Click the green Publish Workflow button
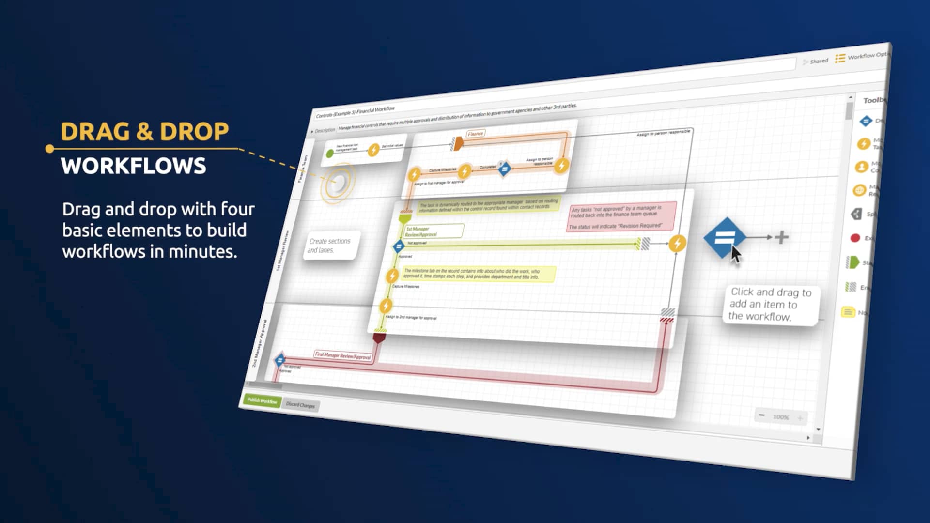(x=262, y=400)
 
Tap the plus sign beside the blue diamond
(x=781, y=237)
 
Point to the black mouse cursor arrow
(x=736, y=254)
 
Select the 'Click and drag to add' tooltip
(x=770, y=304)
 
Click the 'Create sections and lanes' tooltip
(x=330, y=246)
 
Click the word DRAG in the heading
(x=95, y=132)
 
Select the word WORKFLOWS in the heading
(x=134, y=166)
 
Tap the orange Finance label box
(x=475, y=134)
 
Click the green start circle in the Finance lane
(x=330, y=154)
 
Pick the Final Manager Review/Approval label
(x=343, y=355)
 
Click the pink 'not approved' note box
(x=621, y=216)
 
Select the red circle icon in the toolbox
(x=855, y=238)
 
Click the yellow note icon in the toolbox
(x=848, y=312)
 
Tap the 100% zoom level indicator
(x=781, y=417)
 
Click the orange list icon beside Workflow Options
(x=840, y=58)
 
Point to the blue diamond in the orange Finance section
(x=504, y=169)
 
